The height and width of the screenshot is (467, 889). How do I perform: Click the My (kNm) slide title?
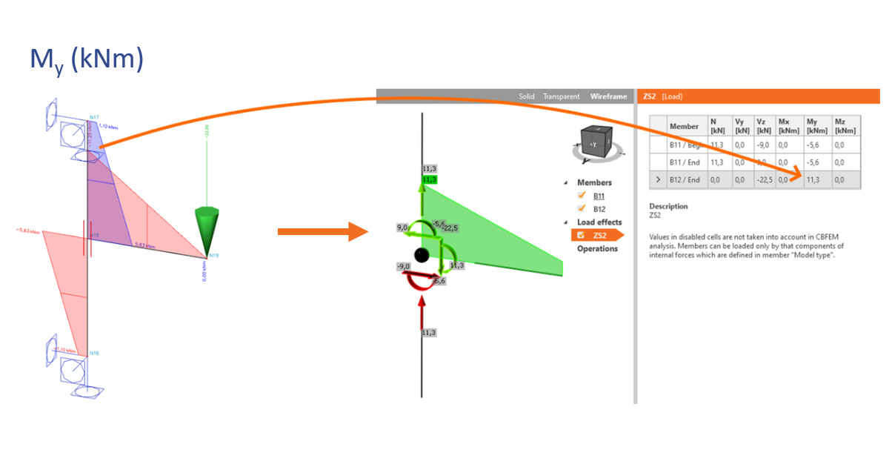(86, 59)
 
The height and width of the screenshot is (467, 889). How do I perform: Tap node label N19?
(213, 256)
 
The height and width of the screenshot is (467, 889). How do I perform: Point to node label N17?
(94, 117)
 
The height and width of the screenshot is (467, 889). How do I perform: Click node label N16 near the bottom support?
(94, 354)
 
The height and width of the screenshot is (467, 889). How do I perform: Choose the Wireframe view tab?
(607, 96)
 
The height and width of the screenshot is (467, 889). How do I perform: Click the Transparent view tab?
(561, 96)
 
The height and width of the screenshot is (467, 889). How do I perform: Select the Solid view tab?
(526, 96)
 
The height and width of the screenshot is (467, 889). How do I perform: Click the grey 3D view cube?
(597, 142)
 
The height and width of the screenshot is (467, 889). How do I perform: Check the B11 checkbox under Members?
(582, 196)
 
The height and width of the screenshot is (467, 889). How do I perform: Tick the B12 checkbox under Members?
(582, 209)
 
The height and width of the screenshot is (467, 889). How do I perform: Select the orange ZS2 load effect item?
(597, 236)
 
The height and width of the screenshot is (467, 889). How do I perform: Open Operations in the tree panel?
(597, 249)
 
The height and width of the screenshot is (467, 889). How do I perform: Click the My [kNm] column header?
(816, 125)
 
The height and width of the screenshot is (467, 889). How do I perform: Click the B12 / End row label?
(685, 179)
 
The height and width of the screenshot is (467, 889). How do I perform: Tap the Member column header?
(684, 126)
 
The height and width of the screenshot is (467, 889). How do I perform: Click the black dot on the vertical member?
(422, 256)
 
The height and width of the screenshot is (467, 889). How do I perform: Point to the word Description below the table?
(668, 207)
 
